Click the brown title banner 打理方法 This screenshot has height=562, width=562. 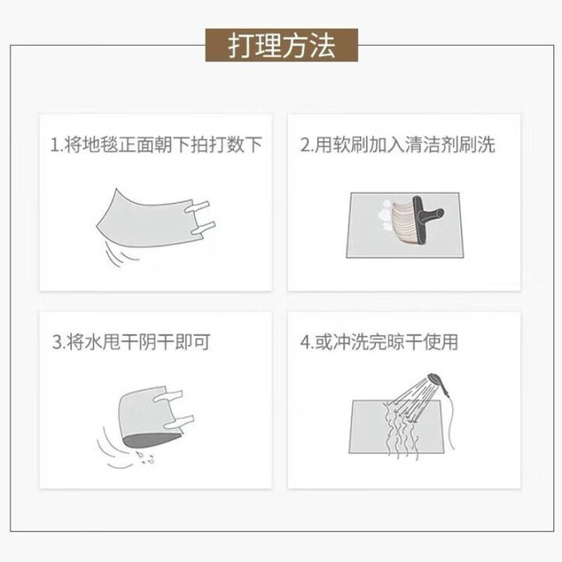point(282,45)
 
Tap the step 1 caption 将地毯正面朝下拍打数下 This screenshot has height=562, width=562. point(156,144)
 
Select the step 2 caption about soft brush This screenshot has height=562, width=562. point(398,144)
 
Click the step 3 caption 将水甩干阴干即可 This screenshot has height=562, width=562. point(131,342)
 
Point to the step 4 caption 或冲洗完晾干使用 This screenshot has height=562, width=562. point(379,342)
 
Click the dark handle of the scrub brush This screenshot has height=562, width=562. point(428,220)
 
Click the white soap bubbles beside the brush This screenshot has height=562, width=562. point(385,215)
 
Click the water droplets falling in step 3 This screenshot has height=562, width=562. point(146,458)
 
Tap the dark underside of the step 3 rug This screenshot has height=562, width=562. point(151,439)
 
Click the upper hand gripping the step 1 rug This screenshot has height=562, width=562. point(197,207)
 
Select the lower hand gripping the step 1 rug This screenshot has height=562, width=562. point(203,228)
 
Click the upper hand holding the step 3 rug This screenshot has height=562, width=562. point(168,395)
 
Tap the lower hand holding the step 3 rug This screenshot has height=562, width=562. point(179,421)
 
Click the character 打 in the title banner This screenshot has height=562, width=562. point(241,46)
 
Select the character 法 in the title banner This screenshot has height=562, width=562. point(322,46)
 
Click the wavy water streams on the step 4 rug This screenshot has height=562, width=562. point(401,432)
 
